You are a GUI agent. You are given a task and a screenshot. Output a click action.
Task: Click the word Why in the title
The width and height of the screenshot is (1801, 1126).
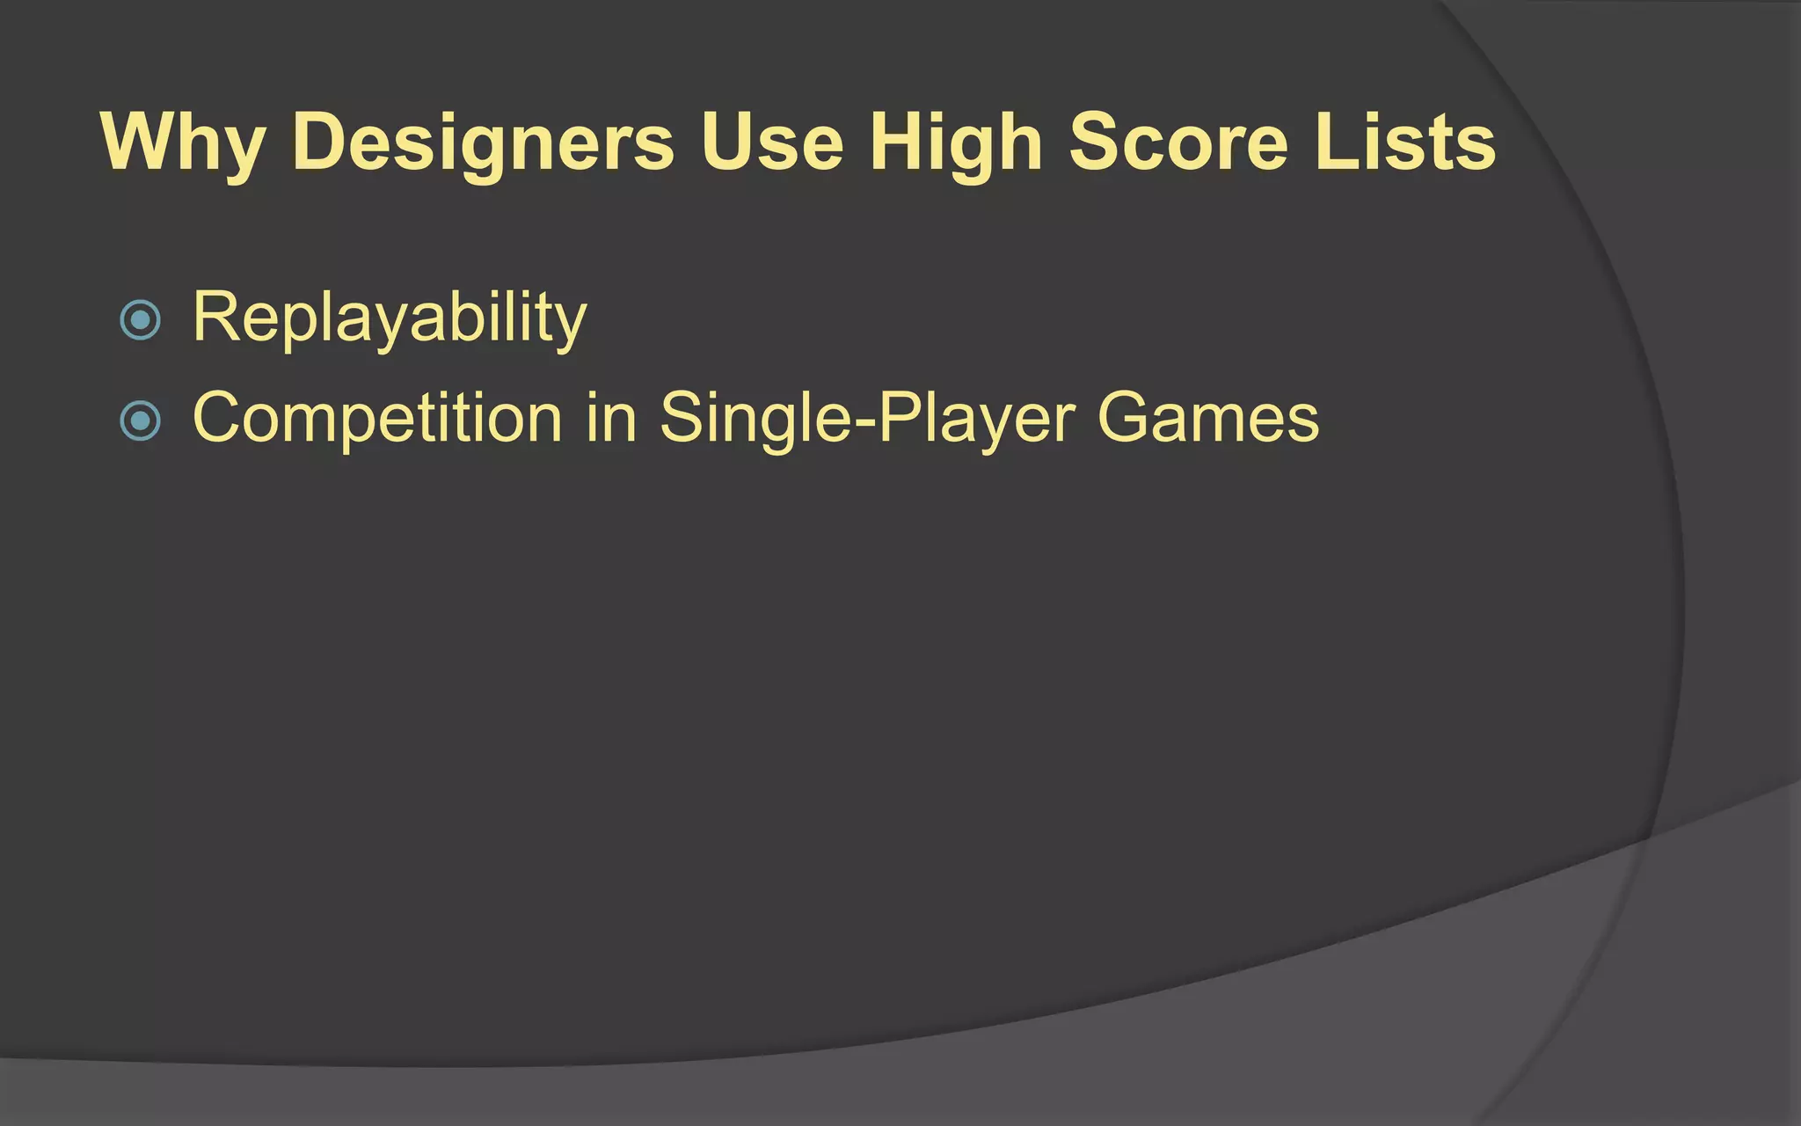point(183,143)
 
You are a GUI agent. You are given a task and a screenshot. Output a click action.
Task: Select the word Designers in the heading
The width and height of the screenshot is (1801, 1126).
point(483,143)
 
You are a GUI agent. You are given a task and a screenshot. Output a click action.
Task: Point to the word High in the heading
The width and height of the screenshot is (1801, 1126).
point(956,143)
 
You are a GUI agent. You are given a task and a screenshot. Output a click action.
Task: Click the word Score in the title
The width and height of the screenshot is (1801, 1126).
point(1178,143)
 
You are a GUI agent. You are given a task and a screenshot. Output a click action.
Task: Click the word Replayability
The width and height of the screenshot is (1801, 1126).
point(390,318)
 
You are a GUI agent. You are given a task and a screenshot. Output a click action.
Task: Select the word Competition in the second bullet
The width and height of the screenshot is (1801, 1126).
point(377,418)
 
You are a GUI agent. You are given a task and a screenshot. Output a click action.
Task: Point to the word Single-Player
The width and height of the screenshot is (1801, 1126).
point(867,420)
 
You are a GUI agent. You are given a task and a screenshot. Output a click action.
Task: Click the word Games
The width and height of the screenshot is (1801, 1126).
point(1208,418)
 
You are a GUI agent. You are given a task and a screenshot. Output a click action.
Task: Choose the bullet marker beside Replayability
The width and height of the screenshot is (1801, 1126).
point(140,320)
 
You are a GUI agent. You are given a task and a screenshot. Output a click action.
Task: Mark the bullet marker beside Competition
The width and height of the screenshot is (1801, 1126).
point(140,420)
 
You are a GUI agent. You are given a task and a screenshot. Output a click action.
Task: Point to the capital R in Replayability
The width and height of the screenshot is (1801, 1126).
point(215,316)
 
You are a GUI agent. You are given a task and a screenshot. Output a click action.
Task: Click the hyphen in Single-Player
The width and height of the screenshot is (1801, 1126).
point(864,424)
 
